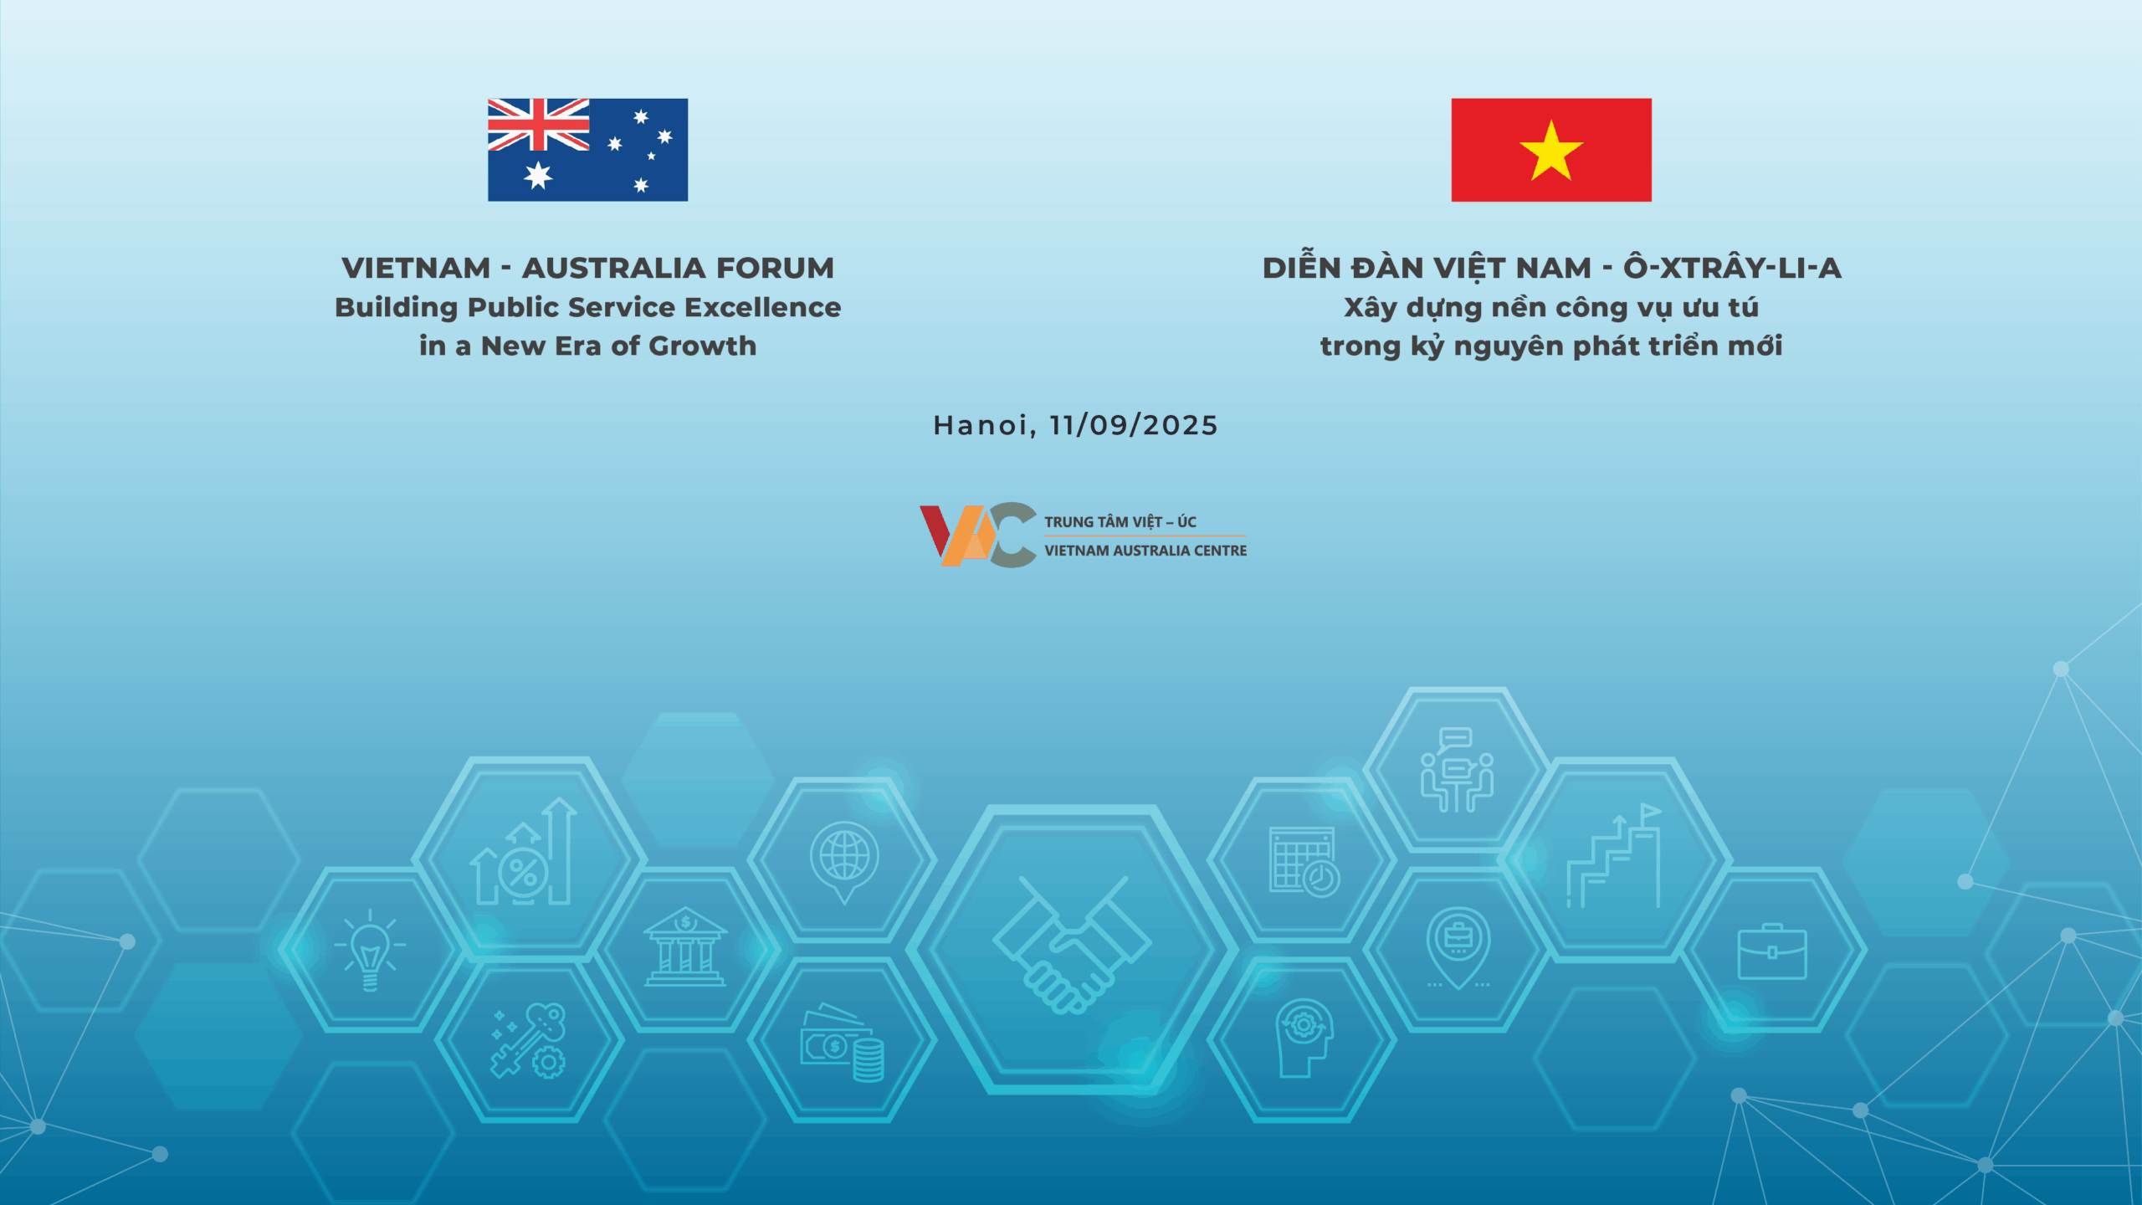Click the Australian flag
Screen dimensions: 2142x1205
[x=587, y=150]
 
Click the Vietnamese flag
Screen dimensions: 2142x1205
[x=1551, y=150]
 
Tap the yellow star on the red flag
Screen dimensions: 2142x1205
[x=1551, y=151]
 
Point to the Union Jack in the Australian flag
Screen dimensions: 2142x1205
[x=538, y=124]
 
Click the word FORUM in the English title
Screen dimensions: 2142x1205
[x=775, y=268]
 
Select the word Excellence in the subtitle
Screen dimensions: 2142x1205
[x=762, y=307]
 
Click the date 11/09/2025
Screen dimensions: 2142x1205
[x=1134, y=425]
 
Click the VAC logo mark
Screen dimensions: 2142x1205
[x=978, y=535]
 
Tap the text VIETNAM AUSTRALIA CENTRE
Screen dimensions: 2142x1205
[x=1145, y=551]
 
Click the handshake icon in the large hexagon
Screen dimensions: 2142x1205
[x=1072, y=946]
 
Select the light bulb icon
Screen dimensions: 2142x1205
[x=370, y=951]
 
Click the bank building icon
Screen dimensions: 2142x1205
[x=684, y=946]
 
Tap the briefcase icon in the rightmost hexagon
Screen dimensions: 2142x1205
[x=1772, y=951]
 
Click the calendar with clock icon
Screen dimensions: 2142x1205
[x=1304, y=862]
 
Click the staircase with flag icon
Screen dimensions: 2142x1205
[x=1614, y=855]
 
